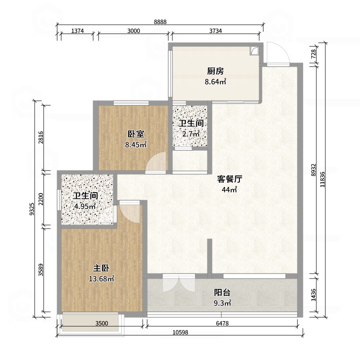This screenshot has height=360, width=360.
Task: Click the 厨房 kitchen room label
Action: coord(215,71)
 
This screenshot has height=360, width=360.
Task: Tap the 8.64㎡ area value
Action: coord(216,82)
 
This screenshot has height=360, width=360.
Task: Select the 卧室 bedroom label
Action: coord(136,134)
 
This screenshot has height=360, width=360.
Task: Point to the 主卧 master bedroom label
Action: coord(101,268)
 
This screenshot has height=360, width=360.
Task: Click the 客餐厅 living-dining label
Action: coord(229,179)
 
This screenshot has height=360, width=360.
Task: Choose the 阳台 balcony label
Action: coord(222,293)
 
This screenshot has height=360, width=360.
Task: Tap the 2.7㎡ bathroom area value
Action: coord(191,134)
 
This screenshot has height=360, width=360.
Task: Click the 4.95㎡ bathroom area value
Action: coord(85,207)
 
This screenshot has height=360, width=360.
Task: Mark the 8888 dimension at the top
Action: coord(160,22)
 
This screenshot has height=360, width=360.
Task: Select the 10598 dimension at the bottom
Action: coord(180,332)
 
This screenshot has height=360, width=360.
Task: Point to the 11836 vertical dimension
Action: coord(322,179)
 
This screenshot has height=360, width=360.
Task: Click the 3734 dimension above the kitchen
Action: coord(216,31)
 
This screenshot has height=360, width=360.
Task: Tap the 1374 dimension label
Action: coord(77,31)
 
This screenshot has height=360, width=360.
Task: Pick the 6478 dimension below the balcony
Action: coord(222,324)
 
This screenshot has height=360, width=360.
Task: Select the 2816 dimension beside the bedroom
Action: coord(41,137)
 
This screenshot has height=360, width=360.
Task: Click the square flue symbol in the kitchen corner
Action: coord(254,51)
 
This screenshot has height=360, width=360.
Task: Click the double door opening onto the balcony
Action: coord(179,283)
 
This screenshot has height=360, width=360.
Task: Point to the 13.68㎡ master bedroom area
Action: coord(101,279)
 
